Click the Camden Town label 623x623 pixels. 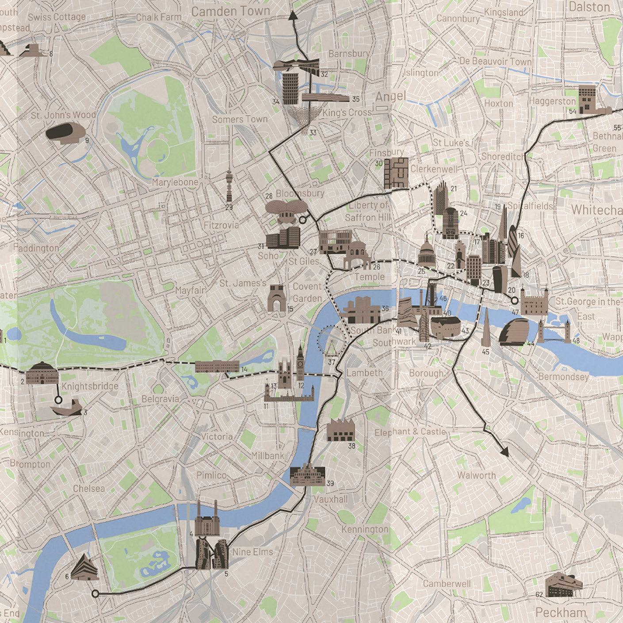coord(230,12)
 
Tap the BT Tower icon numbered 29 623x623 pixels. coord(229,186)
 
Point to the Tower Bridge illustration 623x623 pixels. coord(554,332)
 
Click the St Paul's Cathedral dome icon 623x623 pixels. coord(427,253)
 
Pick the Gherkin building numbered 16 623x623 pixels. coord(514,241)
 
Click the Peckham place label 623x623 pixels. coord(560,612)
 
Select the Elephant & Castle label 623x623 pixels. coord(410,432)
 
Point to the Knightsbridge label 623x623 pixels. coord(90,386)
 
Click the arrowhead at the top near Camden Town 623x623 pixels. coord(293,16)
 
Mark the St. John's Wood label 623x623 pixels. coord(63,115)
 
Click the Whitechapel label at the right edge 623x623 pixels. coord(597,210)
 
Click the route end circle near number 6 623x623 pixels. coord(95,594)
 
